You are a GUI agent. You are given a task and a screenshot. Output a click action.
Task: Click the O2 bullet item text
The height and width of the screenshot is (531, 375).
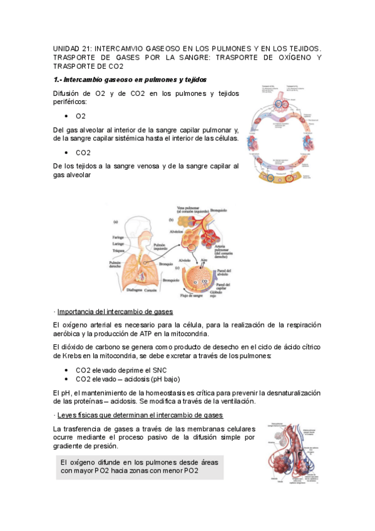point(81,116)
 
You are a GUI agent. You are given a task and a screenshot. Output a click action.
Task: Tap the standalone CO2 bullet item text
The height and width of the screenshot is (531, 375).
point(83,152)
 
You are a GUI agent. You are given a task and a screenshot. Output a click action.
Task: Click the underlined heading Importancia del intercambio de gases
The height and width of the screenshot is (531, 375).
point(115,311)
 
